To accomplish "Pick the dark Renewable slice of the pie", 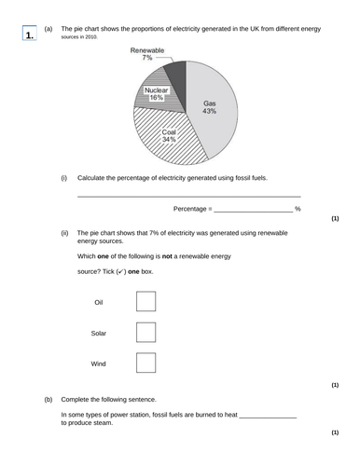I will tap(174, 75).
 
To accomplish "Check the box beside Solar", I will tap(146, 333).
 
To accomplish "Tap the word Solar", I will tap(99, 333).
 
